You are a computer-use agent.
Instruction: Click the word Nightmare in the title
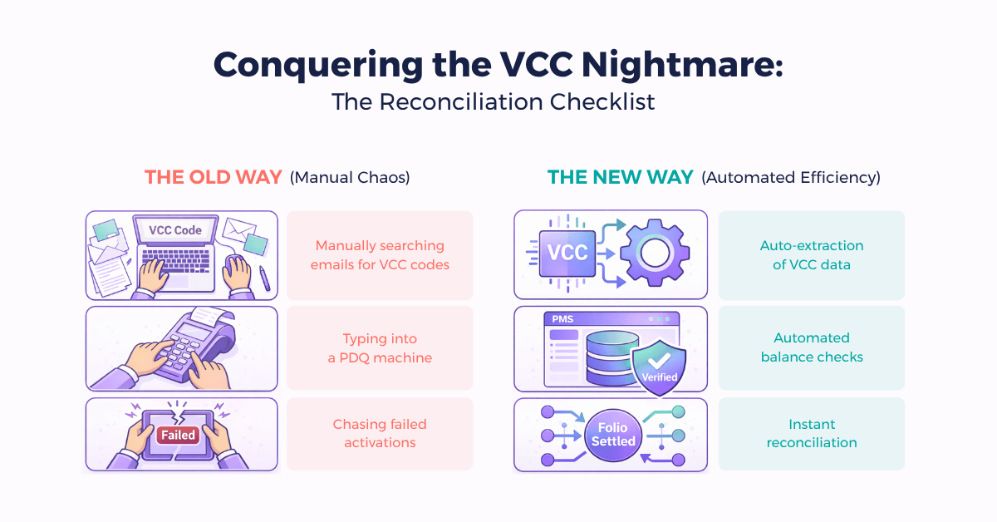click(681, 65)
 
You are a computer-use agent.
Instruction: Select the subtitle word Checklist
click(602, 102)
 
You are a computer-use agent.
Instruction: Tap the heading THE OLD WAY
click(214, 177)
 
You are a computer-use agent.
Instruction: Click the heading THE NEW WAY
click(620, 177)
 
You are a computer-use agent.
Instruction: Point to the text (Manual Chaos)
click(350, 178)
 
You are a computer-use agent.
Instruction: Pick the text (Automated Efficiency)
click(791, 178)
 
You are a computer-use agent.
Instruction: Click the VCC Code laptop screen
click(175, 230)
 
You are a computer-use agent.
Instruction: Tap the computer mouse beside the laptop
click(235, 268)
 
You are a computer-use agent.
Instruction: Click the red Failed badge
click(178, 435)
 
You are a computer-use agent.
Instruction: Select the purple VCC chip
click(567, 253)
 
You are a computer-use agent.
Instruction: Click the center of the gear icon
click(655, 253)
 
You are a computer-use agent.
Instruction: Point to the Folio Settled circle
click(613, 435)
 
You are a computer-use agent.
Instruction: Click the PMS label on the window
click(562, 319)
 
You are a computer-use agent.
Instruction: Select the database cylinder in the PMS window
click(612, 358)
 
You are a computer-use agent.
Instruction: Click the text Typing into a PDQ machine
click(380, 348)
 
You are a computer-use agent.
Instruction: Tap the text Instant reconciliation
click(812, 433)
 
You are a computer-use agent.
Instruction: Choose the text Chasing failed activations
click(380, 433)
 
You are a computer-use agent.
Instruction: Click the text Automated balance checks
click(812, 347)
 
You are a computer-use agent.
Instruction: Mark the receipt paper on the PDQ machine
click(213, 316)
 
